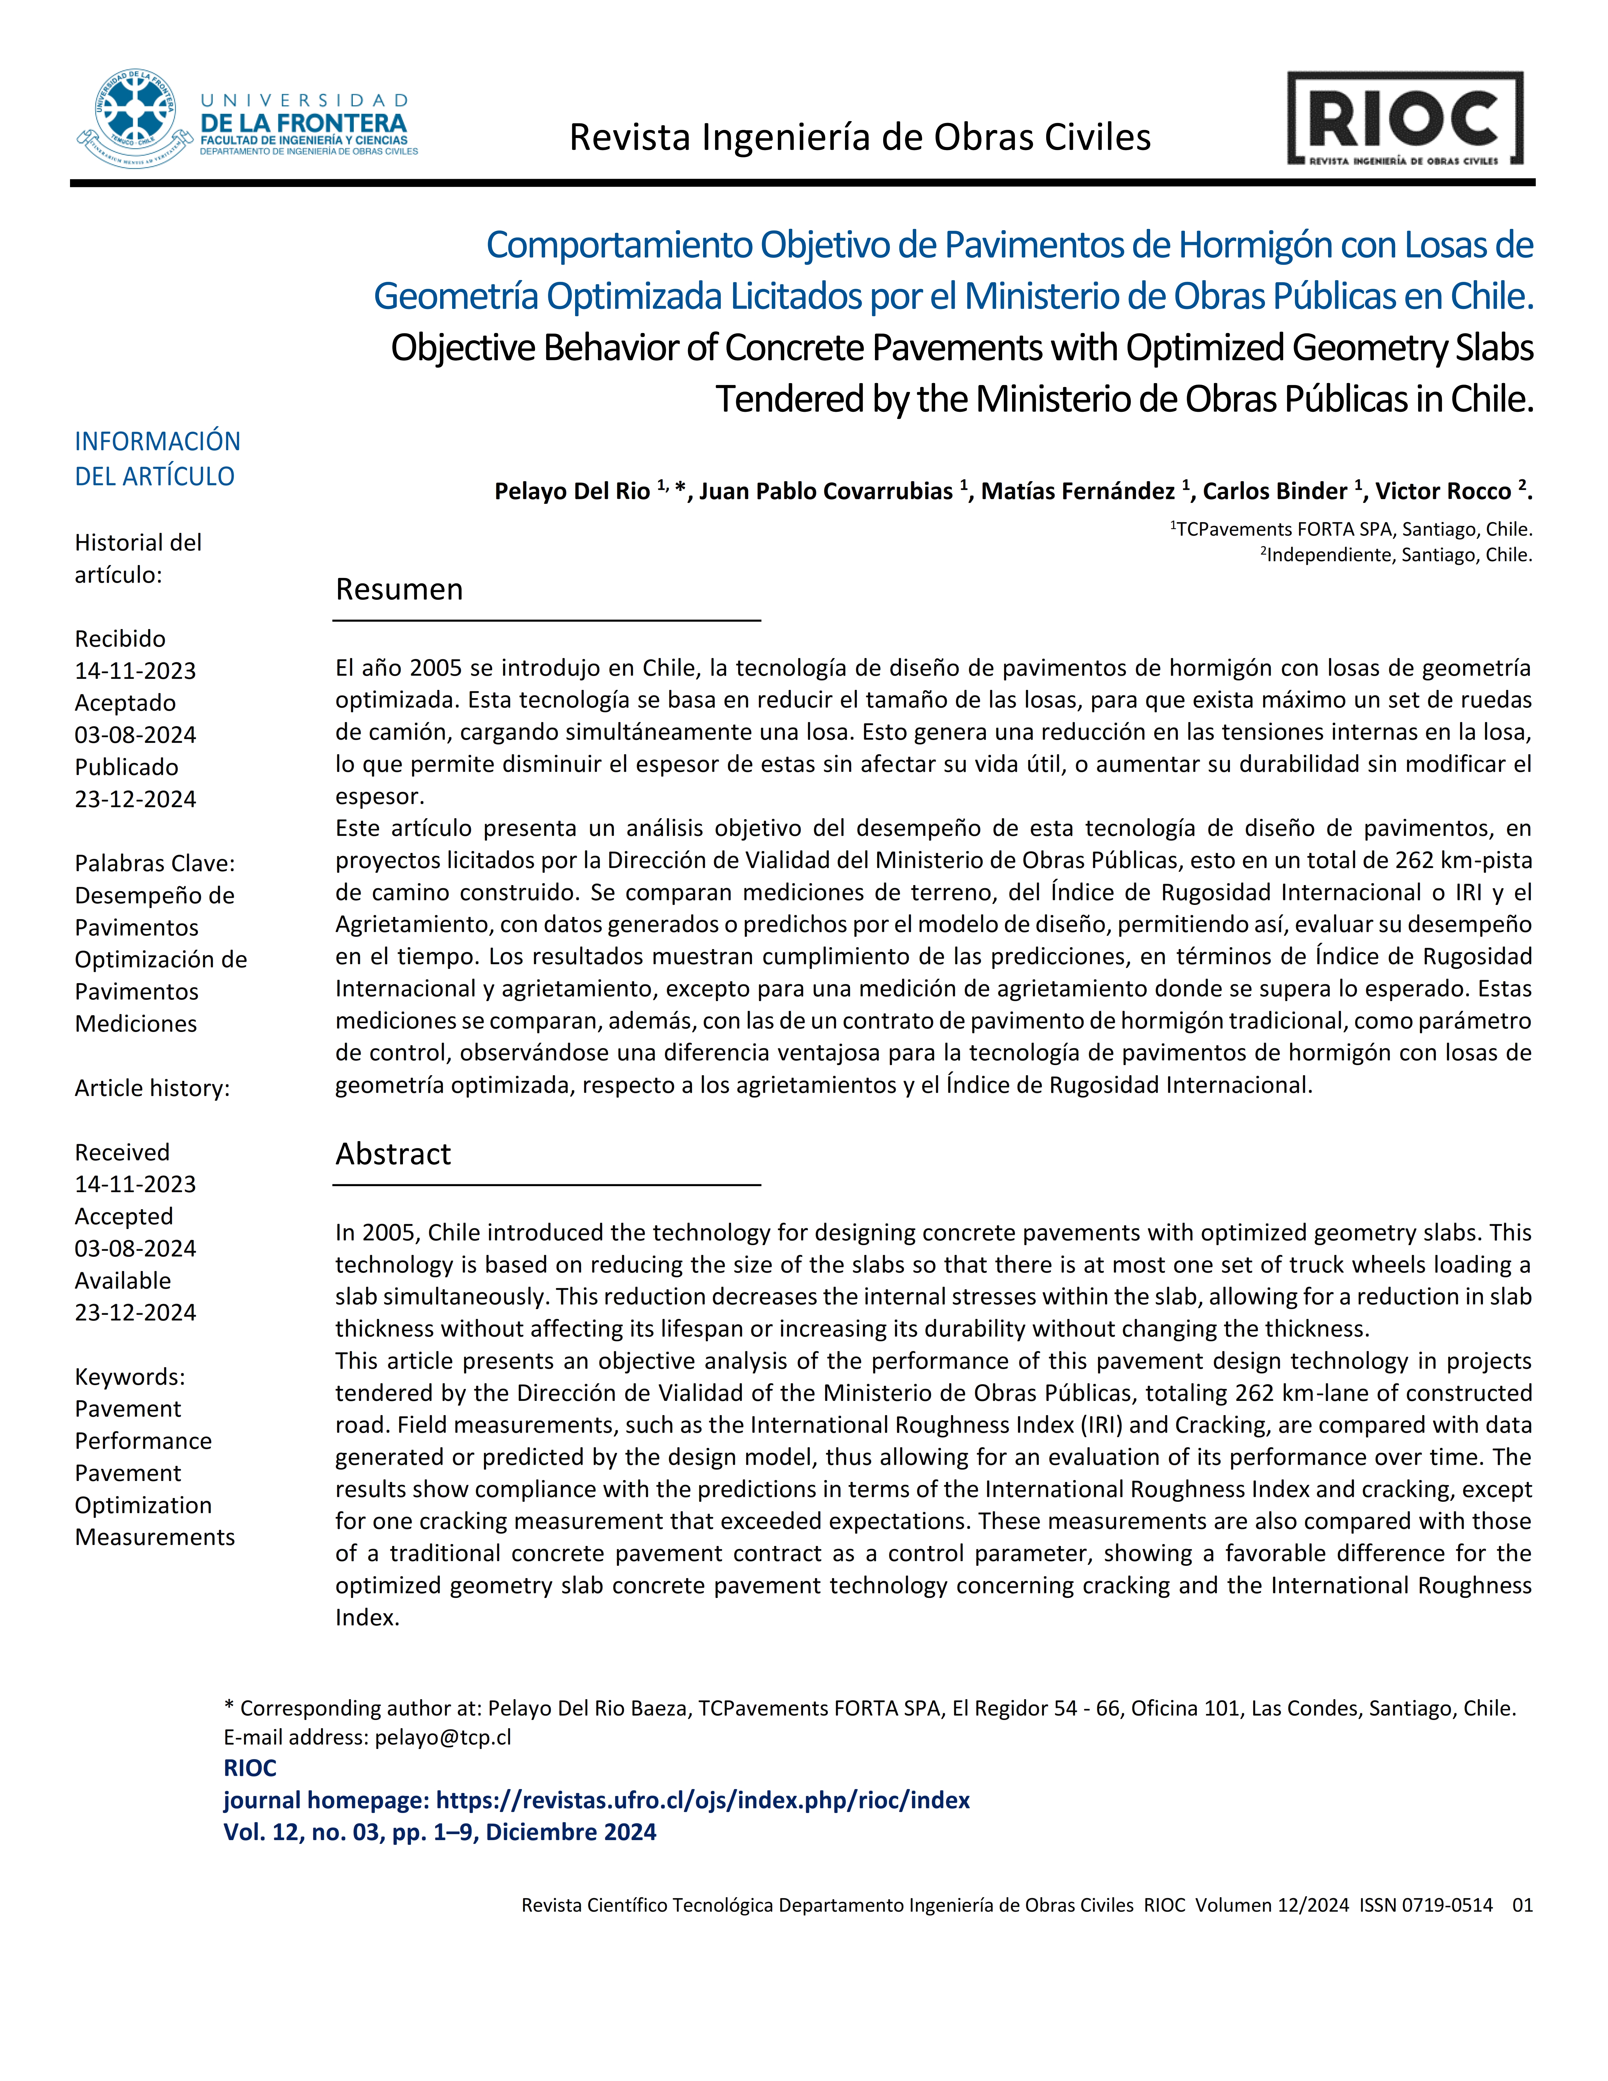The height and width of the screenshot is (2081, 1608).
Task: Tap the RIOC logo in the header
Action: (1405, 119)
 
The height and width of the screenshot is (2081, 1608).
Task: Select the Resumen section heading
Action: (399, 590)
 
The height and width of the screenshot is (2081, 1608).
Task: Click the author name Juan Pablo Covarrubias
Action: (826, 492)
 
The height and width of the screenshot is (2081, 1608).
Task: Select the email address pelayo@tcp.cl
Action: (443, 1737)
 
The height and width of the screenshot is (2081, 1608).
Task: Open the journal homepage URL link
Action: (702, 1800)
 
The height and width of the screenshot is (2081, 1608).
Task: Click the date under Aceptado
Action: (135, 736)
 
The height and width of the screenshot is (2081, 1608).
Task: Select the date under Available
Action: (135, 1313)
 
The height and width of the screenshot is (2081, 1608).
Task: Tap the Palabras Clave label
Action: (154, 863)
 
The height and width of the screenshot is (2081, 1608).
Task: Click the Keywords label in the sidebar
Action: (130, 1377)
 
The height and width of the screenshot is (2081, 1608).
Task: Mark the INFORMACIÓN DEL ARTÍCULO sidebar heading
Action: (157, 458)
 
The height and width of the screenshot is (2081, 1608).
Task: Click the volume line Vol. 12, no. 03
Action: (439, 1832)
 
